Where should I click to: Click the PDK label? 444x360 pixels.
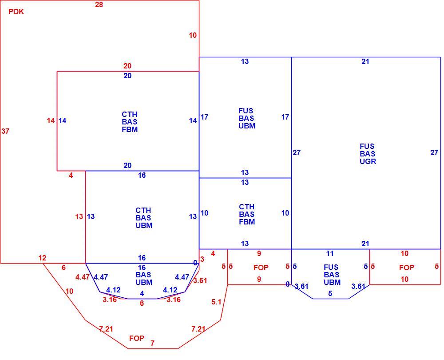tap(16, 12)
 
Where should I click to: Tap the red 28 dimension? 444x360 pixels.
tap(99, 4)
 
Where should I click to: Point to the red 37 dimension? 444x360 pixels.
tap(5, 131)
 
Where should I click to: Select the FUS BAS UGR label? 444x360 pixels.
tap(368, 154)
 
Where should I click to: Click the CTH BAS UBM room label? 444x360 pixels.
tap(144, 218)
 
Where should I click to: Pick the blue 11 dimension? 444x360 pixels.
tap(330, 253)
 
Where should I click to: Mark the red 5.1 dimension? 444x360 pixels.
tap(216, 302)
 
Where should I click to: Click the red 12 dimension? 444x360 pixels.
tap(42, 258)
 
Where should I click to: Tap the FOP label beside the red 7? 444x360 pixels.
tap(137, 338)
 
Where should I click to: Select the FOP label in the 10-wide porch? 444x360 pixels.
tap(407, 268)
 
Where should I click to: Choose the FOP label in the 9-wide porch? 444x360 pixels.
tap(261, 267)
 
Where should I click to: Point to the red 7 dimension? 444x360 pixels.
tap(152, 343)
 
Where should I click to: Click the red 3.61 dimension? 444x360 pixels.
tap(200, 280)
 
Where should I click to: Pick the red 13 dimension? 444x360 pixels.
tap(79, 216)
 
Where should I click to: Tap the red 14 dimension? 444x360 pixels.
tap(51, 121)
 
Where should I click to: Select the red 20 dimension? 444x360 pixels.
tap(127, 66)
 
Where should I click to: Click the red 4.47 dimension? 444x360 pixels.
tap(83, 277)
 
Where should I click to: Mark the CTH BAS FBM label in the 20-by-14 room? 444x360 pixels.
tap(130, 122)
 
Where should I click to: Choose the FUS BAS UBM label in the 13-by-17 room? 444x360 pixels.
tap(246, 118)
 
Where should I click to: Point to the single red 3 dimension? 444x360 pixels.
tap(202, 259)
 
